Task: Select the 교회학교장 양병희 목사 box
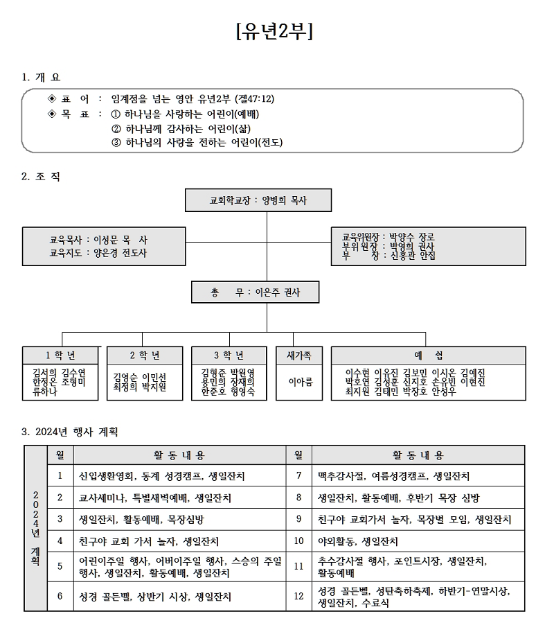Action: coord(258,200)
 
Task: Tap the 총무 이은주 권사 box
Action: coord(256,292)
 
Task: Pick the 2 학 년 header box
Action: coord(145,355)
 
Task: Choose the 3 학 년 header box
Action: coord(229,355)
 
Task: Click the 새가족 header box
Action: coord(299,355)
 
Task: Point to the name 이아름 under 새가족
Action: coord(301,381)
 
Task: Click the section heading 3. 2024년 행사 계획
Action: coord(71,432)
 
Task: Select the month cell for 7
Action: coord(298,476)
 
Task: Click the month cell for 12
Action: coord(298,596)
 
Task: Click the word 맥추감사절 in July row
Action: coord(339,476)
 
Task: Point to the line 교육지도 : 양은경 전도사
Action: coord(98,253)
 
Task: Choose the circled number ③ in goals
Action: coord(116,142)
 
